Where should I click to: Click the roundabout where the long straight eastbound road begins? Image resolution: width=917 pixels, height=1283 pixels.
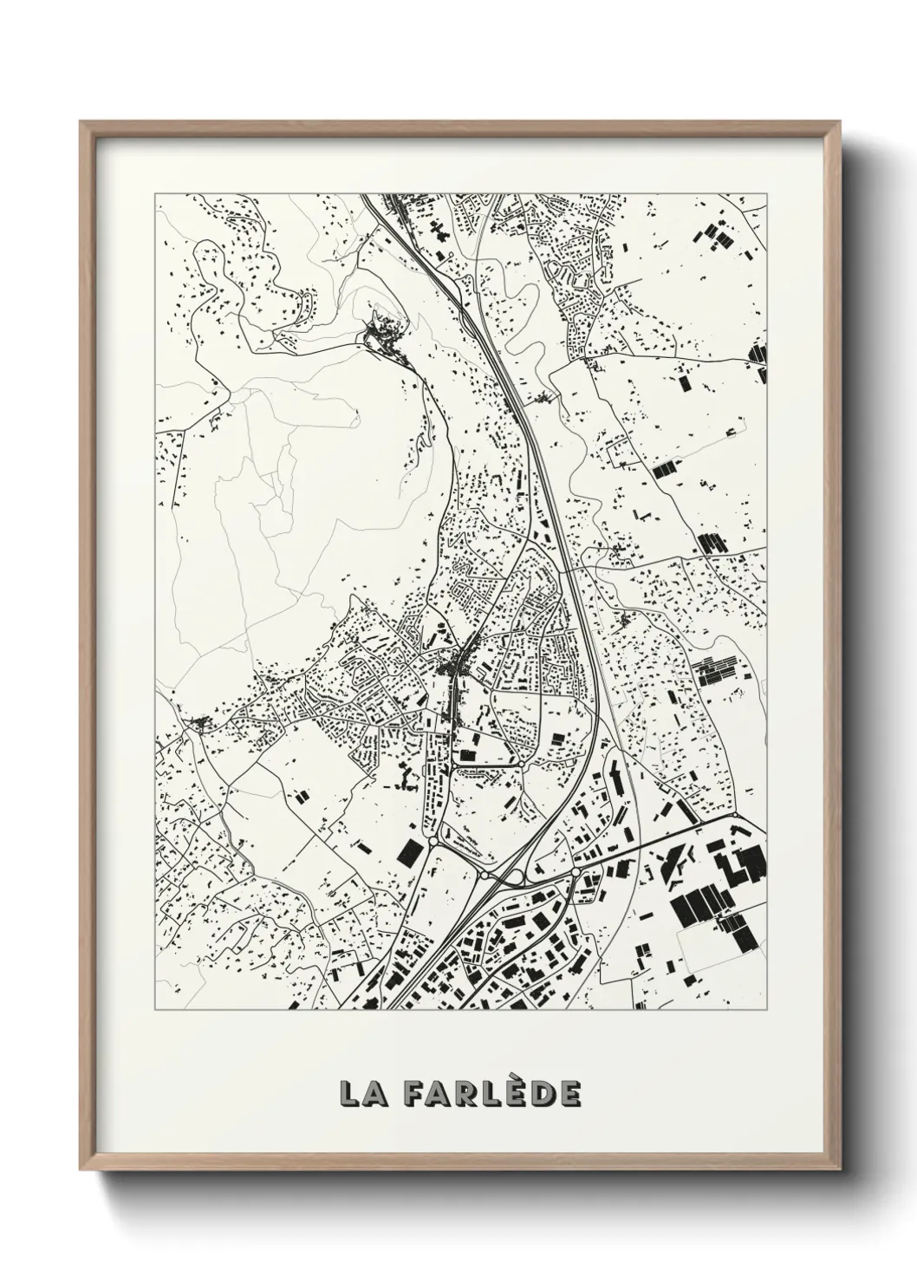[x=576, y=869]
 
